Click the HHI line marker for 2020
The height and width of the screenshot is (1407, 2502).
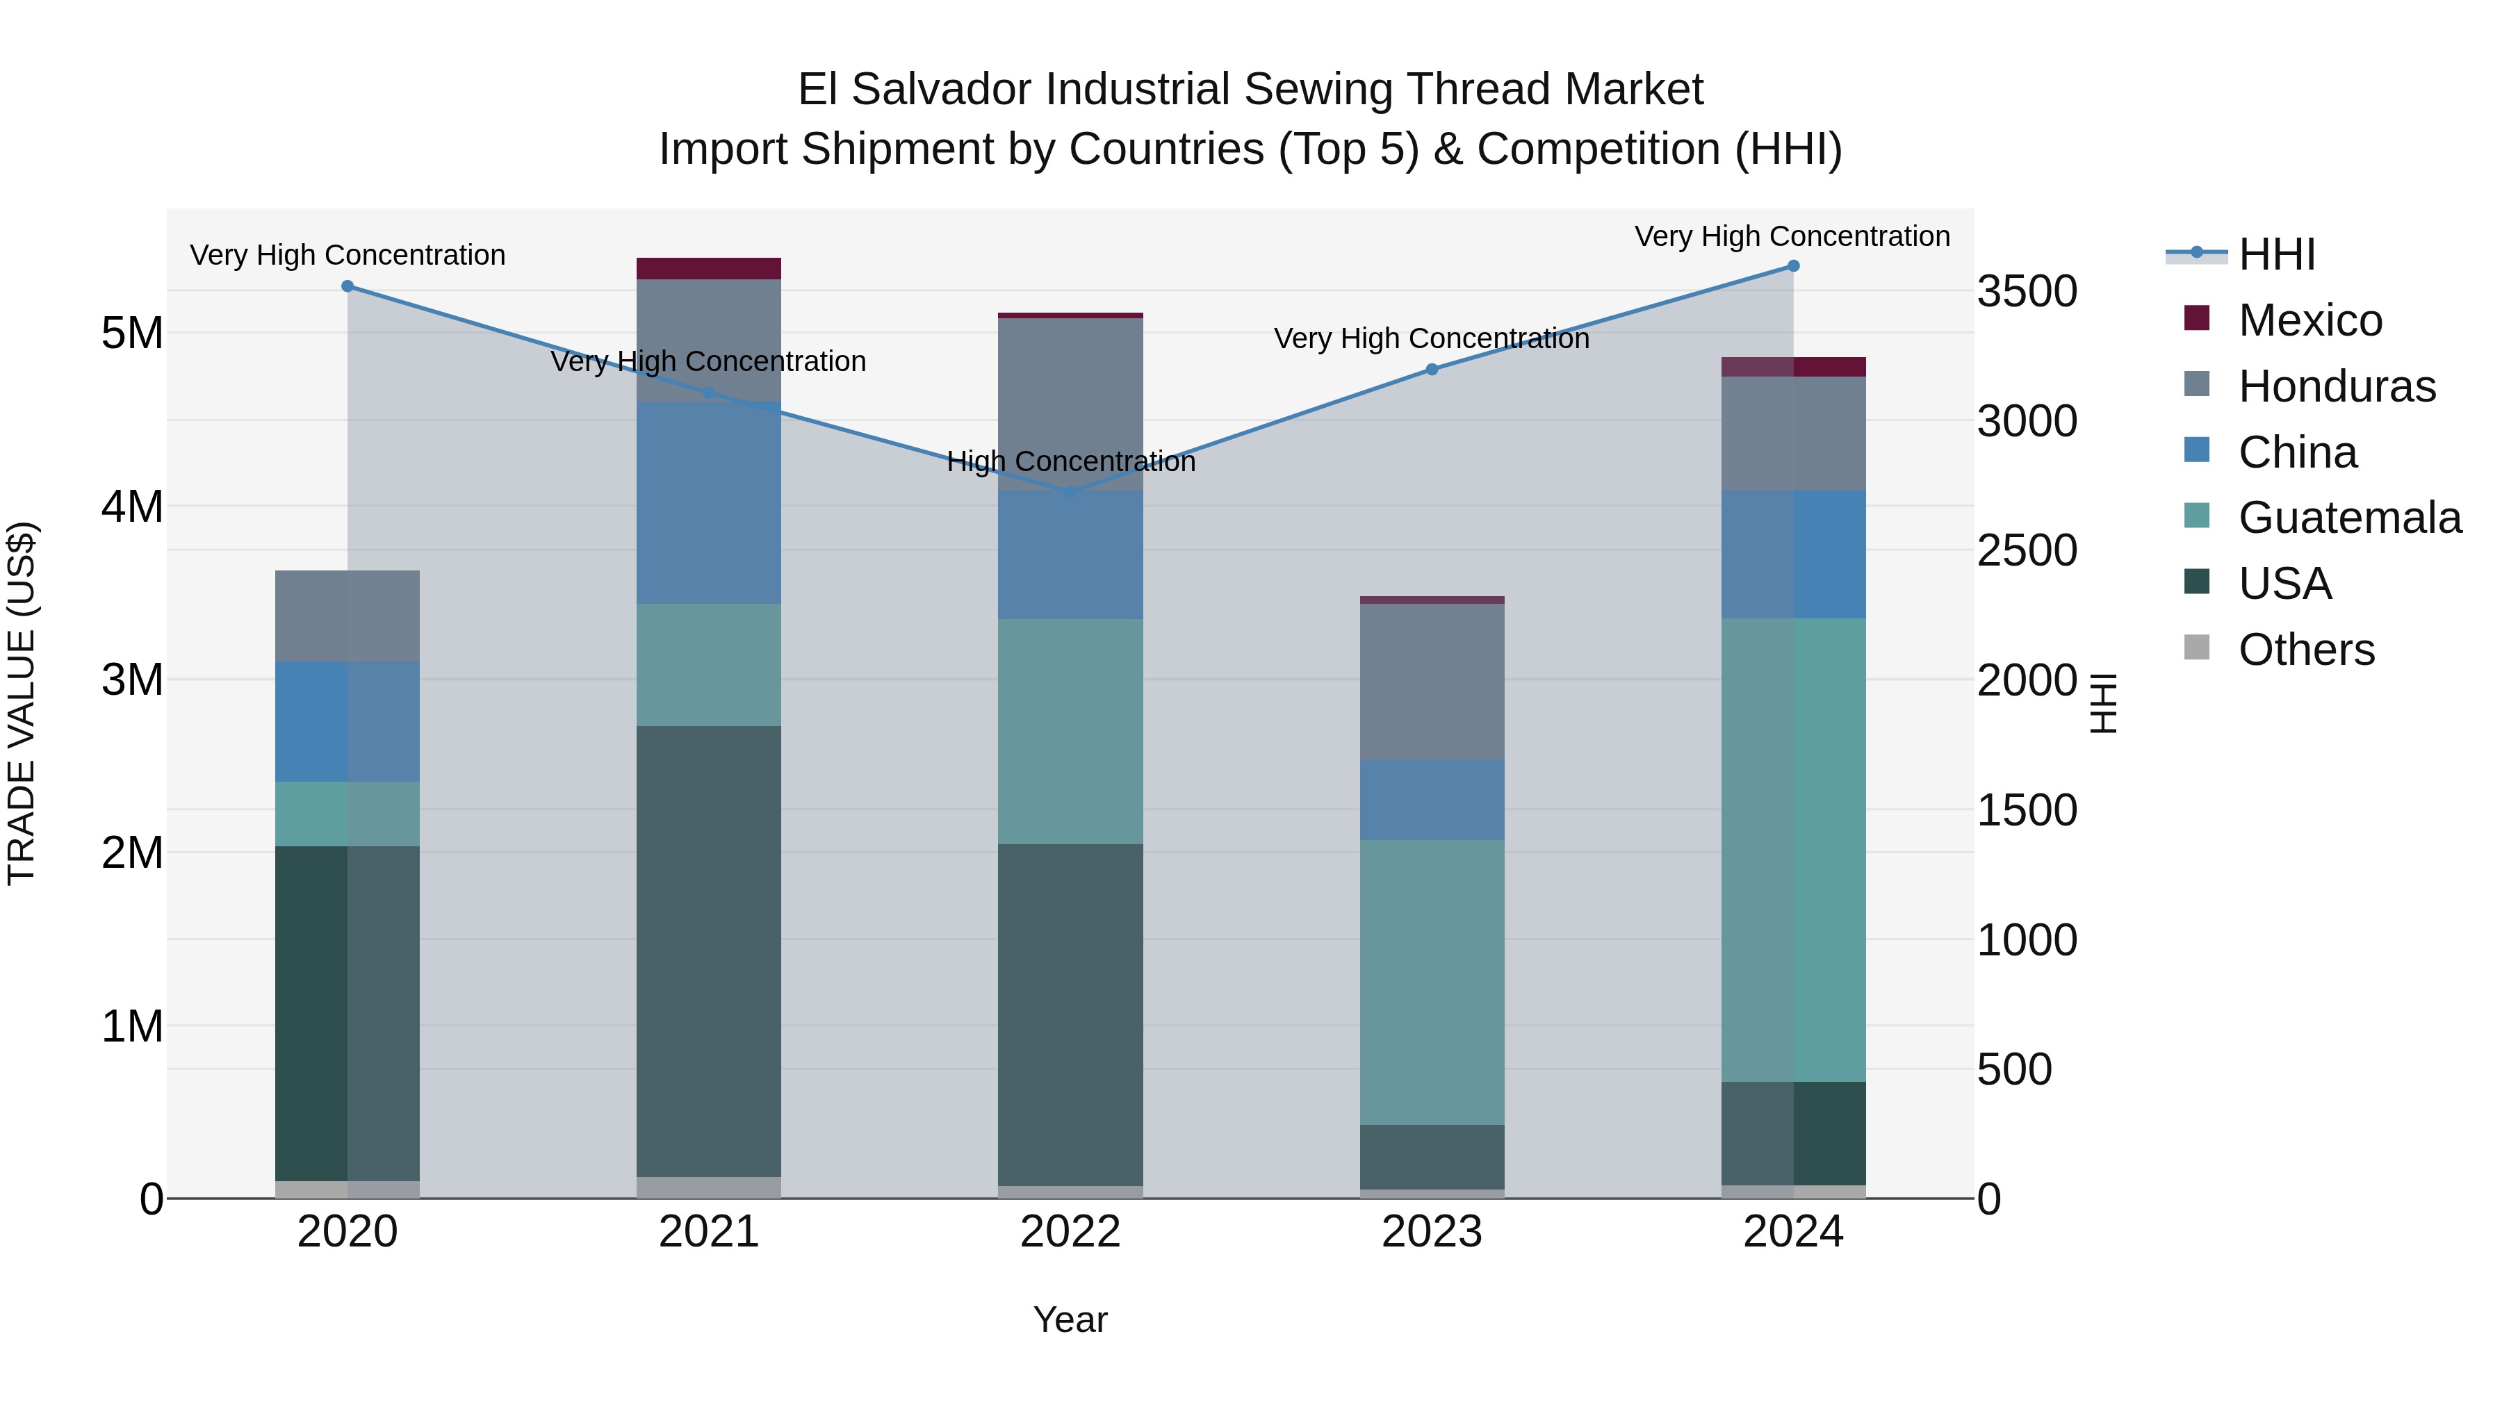pyautogui.click(x=347, y=286)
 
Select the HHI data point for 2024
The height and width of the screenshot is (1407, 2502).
pyautogui.click(x=1793, y=266)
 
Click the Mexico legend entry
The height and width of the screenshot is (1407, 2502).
pyautogui.click(x=2309, y=320)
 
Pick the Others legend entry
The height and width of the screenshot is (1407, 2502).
pyautogui.click(x=2306, y=650)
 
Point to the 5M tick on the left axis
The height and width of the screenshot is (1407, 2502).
pyautogui.click(x=132, y=333)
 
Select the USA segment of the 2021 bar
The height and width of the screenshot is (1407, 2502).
pyautogui.click(x=709, y=952)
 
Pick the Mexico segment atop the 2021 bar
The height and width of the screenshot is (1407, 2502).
pyautogui.click(x=709, y=269)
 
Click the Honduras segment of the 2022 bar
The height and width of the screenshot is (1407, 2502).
pyautogui.click(x=1070, y=404)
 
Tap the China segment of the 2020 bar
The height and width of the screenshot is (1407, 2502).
pyautogui.click(x=347, y=721)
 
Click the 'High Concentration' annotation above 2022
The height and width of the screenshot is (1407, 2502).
pyautogui.click(x=1070, y=462)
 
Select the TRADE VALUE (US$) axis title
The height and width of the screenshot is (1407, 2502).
pyautogui.click(x=22, y=703)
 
